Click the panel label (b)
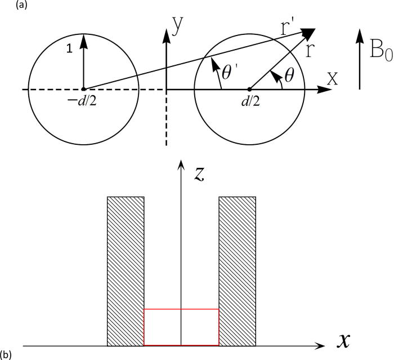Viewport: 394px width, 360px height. pyautogui.click(x=7, y=354)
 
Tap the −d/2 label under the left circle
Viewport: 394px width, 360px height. pyautogui.click(x=84, y=100)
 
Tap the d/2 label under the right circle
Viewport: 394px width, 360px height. pyautogui.click(x=250, y=100)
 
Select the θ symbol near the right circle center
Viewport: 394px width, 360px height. pyautogui.click(x=289, y=75)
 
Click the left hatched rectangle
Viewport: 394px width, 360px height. pyautogui.click(x=126, y=270)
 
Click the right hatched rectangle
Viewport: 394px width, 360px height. pyautogui.click(x=238, y=270)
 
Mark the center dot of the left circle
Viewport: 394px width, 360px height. pyautogui.click(x=84, y=89)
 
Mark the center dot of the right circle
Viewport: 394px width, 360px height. pyautogui.click(x=250, y=89)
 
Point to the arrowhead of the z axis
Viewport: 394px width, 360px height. pyautogui.click(x=181, y=164)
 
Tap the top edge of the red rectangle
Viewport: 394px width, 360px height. pyautogui.click(x=181, y=309)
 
